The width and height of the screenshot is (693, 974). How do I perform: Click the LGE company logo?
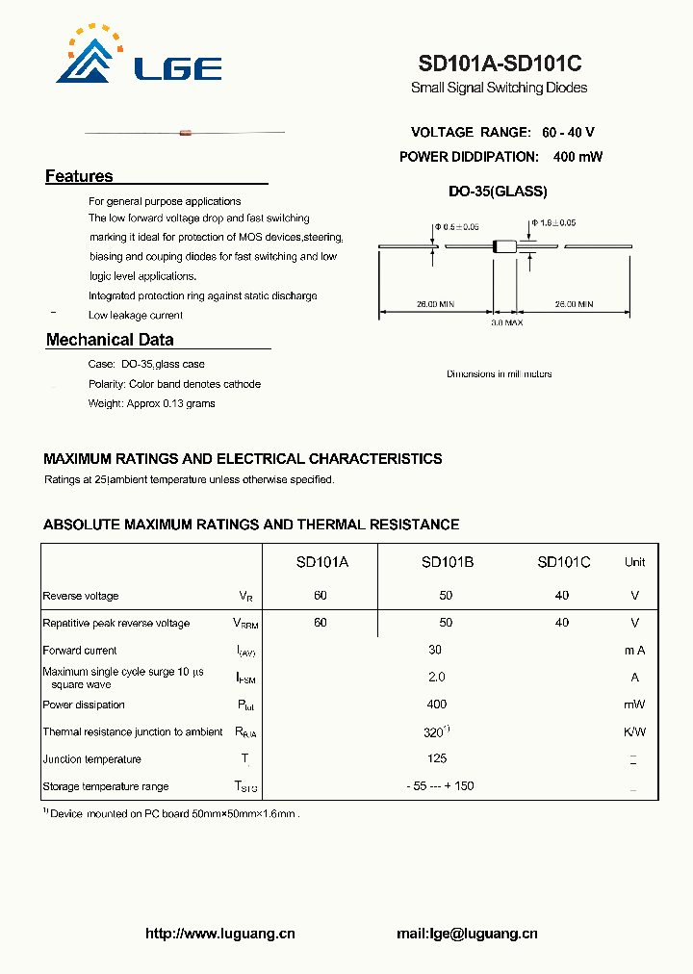click(x=140, y=57)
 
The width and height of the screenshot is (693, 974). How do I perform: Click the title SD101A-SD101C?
click(x=500, y=64)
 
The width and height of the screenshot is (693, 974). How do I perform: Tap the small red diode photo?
click(x=186, y=132)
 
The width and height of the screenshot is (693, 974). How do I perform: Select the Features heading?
click(x=79, y=176)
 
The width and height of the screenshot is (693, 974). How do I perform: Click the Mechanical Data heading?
click(x=110, y=340)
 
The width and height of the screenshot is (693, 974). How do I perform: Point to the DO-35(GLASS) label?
click(x=498, y=192)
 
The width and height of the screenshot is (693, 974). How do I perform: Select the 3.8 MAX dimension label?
click(x=506, y=323)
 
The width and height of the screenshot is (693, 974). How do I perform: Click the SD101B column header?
click(x=447, y=562)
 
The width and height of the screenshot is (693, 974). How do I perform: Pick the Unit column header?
click(x=634, y=562)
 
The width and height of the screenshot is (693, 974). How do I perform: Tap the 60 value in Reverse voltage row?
click(x=321, y=596)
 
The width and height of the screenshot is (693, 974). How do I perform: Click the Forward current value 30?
click(x=435, y=651)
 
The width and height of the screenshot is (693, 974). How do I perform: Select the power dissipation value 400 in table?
click(x=437, y=705)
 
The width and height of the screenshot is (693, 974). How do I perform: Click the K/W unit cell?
click(x=634, y=731)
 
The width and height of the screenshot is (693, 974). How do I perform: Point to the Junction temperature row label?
click(x=92, y=759)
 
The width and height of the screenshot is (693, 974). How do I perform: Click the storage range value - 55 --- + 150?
click(x=440, y=786)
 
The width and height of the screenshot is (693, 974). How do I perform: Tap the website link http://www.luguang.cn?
click(x=219, y=934)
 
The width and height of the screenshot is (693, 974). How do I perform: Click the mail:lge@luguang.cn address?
click(x=467, y=934)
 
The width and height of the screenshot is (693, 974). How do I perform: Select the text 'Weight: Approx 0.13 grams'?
click(x=152, y=403)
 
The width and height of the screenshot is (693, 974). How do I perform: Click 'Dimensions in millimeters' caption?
click(x=499, y=373)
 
